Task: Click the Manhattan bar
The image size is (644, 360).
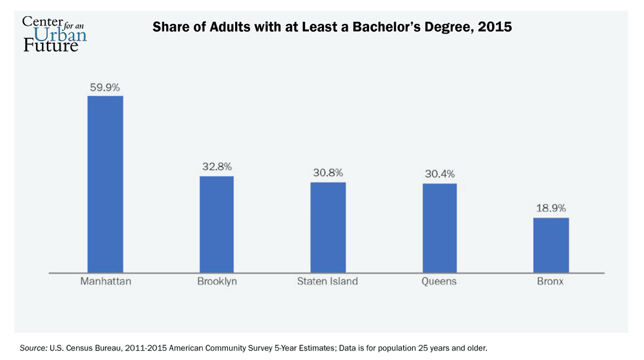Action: coord(105,184)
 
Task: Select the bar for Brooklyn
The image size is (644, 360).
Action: coord(216,224)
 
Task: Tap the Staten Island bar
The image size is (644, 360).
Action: coord(328,227)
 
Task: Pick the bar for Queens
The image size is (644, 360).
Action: coord(440,228)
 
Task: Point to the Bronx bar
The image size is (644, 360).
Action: coord(551,245)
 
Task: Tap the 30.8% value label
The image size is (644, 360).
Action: coord(328,173)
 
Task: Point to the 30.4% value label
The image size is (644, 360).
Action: coord(440,175)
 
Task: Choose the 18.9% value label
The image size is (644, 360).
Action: coord(551,209)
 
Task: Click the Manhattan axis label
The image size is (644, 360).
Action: coord(105,281)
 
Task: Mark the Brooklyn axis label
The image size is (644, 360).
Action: coord(216,281)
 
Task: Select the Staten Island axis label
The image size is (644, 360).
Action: coord(328,281)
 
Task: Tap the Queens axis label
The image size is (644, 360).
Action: coord(440,281)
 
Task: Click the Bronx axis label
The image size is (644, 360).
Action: coord(551,281)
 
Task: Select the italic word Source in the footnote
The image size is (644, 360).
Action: coord(33,348)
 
